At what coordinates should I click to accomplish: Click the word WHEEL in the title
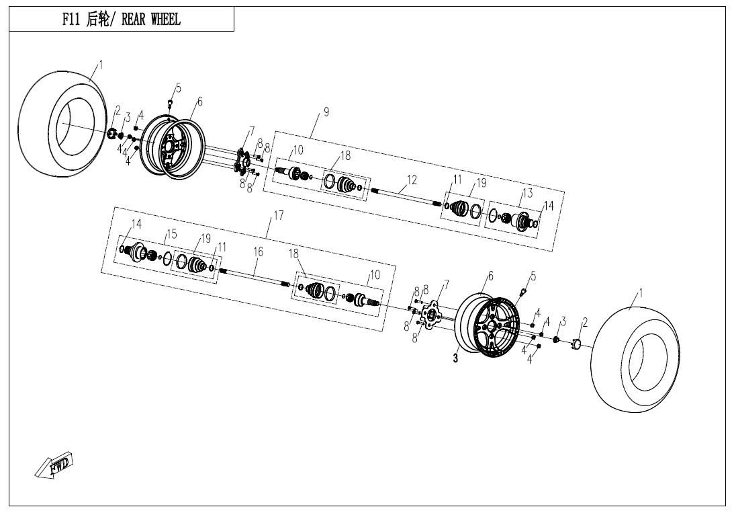(163, 20)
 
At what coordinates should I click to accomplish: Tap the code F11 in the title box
(73, 20)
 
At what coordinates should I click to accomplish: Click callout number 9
(326, 112)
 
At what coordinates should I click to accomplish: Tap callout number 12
(412, 180)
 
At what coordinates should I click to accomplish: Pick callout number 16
(258, 251)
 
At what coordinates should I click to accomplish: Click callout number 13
(528, 193)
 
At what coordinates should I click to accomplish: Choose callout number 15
(172, 234)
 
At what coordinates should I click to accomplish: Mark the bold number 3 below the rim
(455, 359)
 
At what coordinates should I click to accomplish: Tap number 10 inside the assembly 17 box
(375, 274)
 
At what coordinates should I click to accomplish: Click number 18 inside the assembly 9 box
(345, 156)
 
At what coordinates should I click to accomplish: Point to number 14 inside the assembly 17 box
(136, 224)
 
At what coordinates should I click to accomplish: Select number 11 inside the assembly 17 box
(222, 247)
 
